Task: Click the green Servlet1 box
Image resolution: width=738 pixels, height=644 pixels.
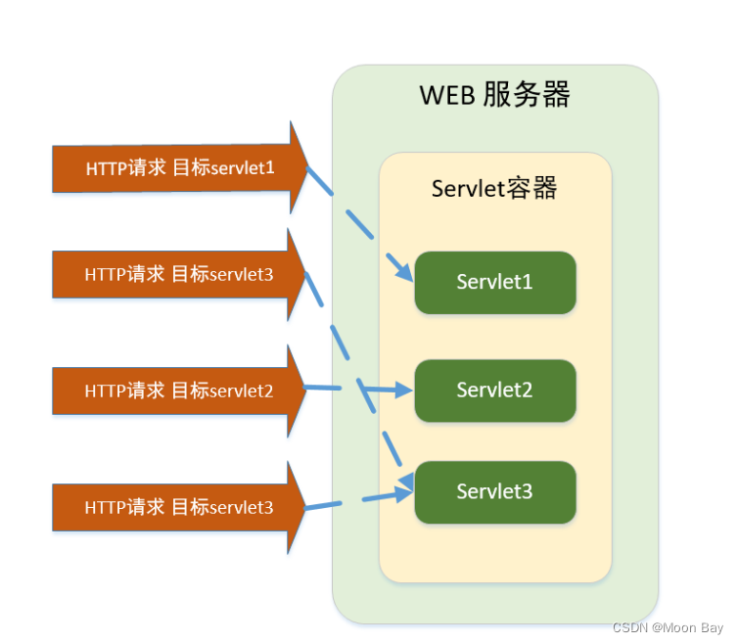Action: click(494, 283)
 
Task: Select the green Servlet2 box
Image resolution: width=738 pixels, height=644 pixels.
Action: click(494, 391)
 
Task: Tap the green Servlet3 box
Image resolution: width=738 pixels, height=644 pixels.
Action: click(494, 491)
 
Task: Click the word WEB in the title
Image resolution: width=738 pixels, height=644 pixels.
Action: click(448, 96)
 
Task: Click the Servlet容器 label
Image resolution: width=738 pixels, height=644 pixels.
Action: click(494, 188)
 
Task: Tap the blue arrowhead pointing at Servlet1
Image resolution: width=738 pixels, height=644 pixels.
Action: click(402, 272)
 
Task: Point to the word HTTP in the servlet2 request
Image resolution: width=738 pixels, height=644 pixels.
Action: click(105, 391)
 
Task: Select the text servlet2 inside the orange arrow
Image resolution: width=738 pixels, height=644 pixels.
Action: click(242, 391)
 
